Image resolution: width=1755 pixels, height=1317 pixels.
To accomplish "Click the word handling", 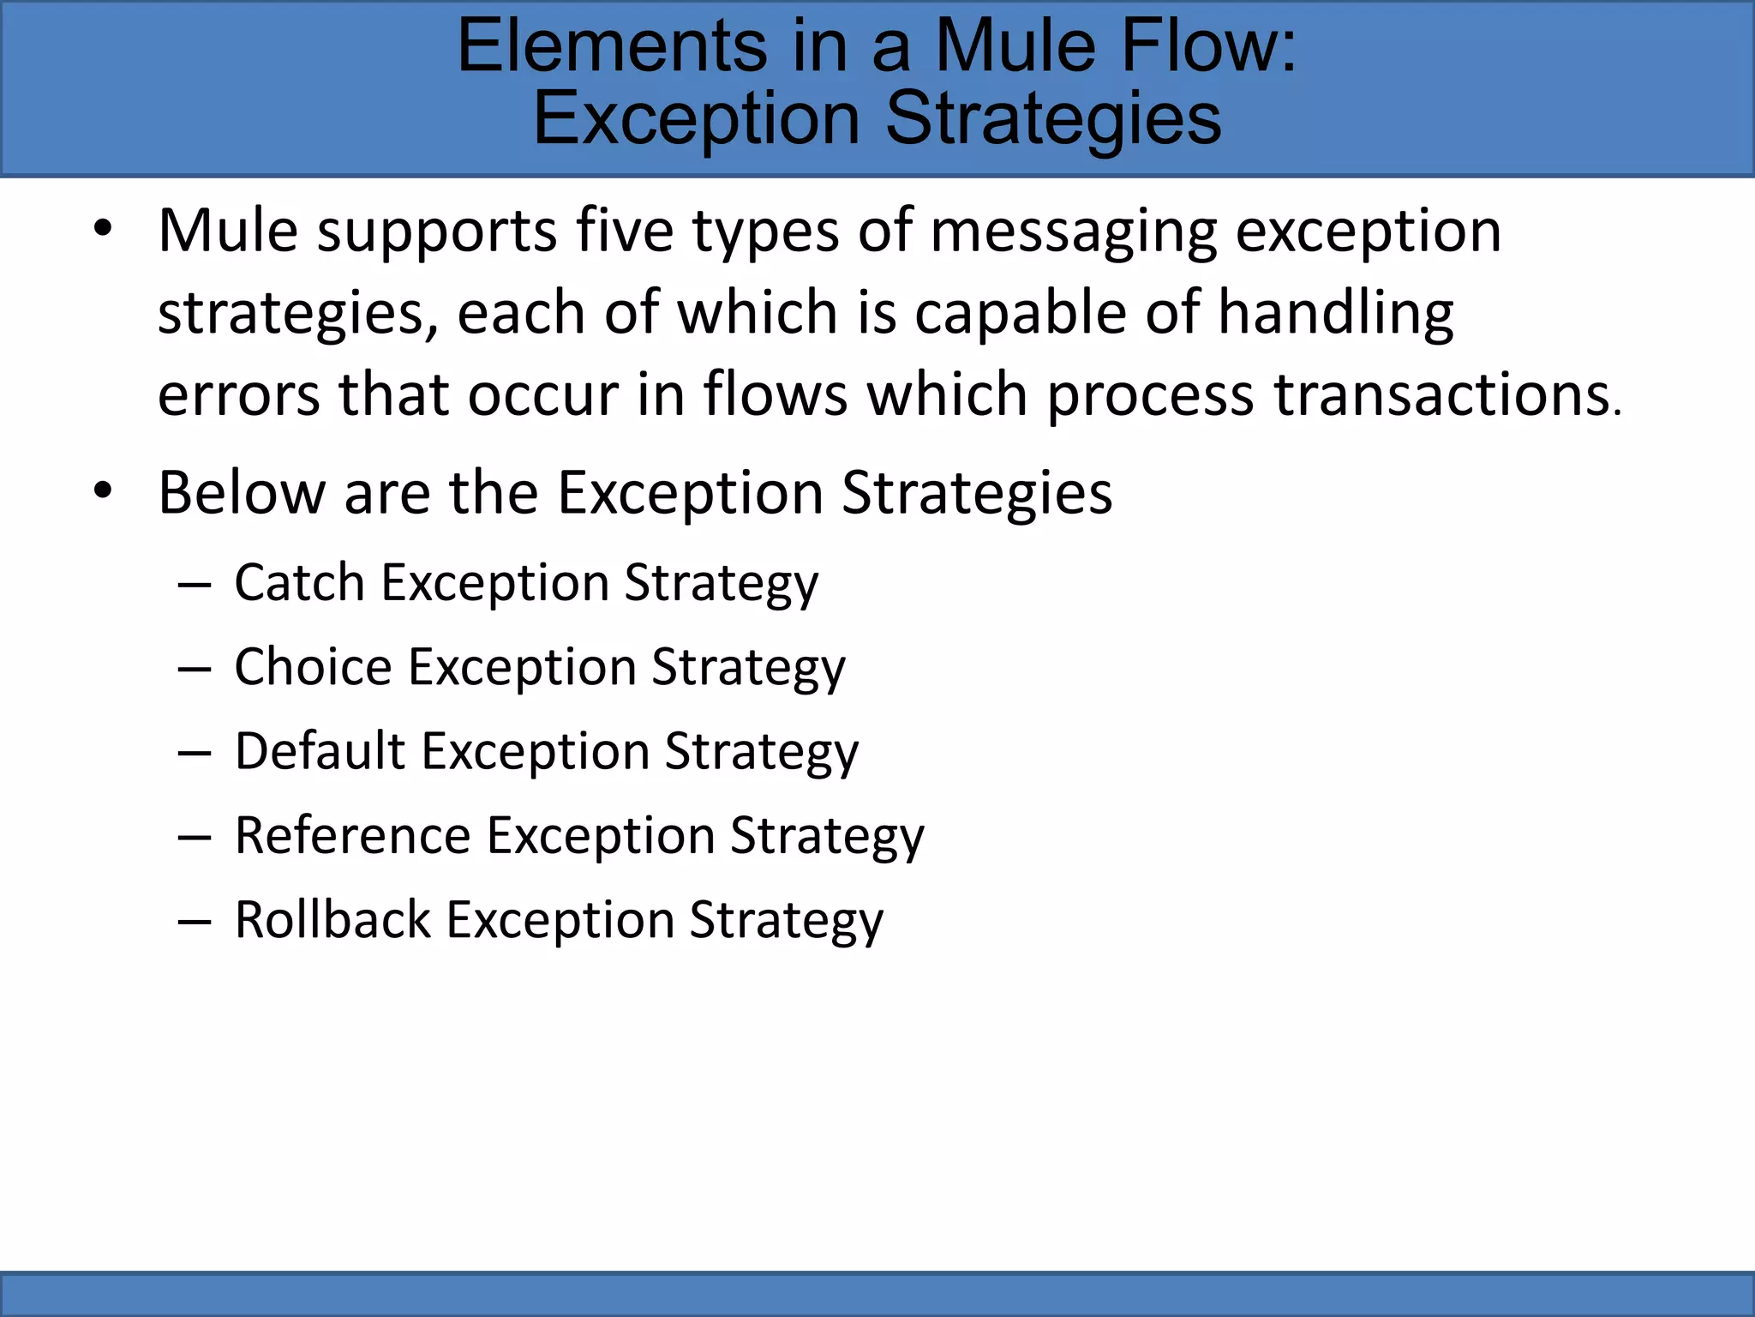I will tap(1336, 313).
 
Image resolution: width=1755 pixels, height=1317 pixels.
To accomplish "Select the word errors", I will tap(238, 396).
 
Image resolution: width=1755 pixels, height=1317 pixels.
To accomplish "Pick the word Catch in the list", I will tap(299, 583).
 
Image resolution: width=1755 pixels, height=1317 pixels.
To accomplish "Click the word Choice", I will tap(313, 667).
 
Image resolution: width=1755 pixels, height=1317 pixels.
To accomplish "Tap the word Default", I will tap(320, 751).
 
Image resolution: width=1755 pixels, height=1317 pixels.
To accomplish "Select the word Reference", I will tap(352, 835).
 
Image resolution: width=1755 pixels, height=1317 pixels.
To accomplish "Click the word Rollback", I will tap(332, 919).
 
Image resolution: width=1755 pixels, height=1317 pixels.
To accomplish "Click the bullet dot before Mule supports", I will tap(103, 230).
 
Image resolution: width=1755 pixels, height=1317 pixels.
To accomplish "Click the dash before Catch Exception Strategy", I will tap(195, 586).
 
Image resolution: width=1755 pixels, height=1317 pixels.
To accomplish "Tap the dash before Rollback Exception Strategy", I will tap(195, 923).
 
